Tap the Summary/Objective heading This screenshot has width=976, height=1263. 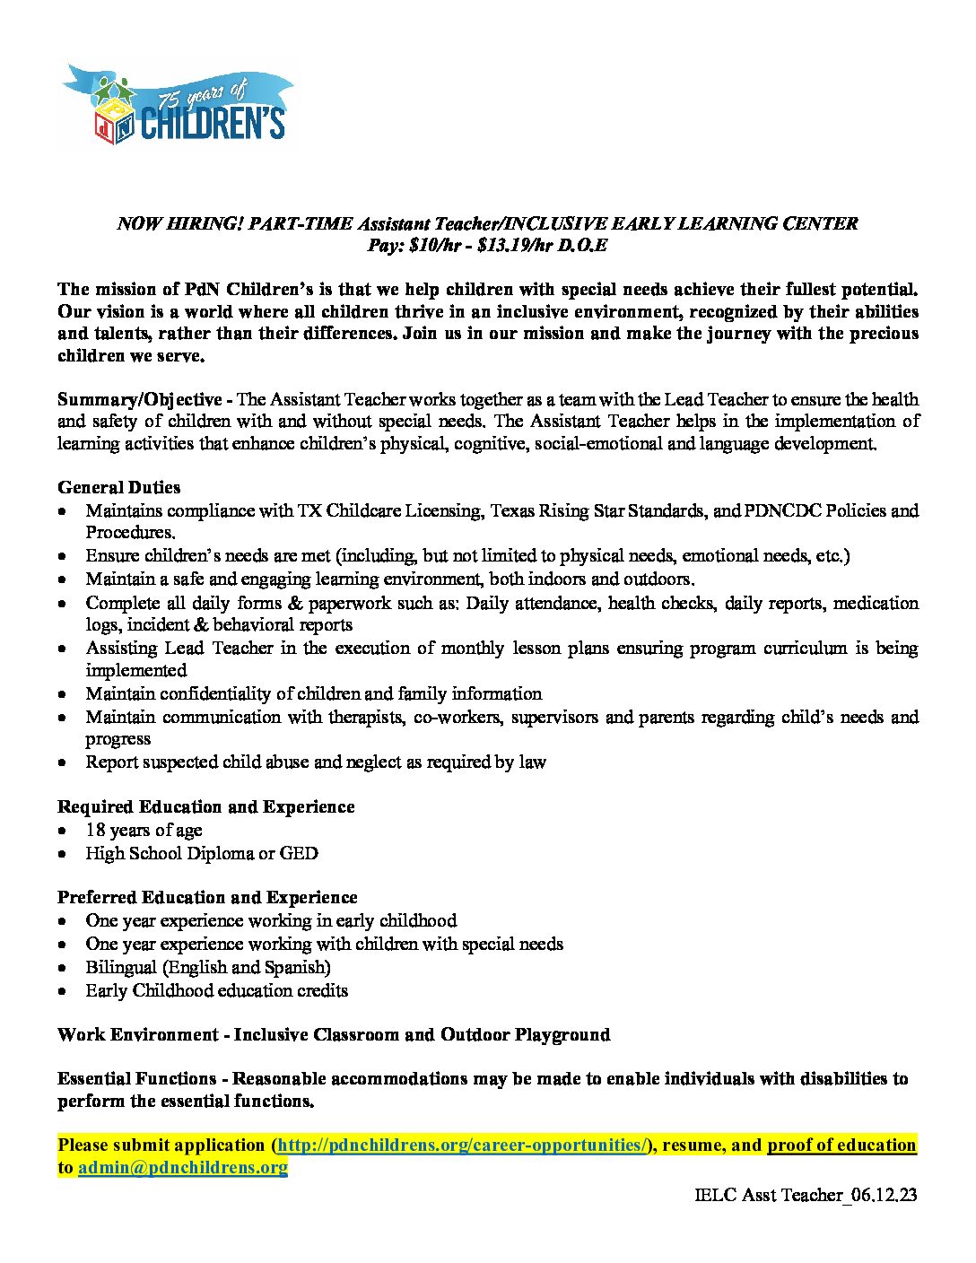[139, 399]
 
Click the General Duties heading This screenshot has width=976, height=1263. [118, 487]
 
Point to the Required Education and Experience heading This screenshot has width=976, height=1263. [205, 806]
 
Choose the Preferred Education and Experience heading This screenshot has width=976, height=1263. [207, 897]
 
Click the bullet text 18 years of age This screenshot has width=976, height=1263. [144, 830]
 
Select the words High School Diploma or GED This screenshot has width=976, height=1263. [202, 853]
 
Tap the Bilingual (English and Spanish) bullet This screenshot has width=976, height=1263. [208, 967]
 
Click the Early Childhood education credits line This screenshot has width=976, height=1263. [216, 990]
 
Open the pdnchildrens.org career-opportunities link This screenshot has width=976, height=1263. [462, 1145]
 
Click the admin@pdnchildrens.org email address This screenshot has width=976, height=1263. [183, 1167]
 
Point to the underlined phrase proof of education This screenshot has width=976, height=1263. [841, 1145]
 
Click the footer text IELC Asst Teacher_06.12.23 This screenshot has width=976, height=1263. [806, 1195]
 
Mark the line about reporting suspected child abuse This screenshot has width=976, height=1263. [316, 762]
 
